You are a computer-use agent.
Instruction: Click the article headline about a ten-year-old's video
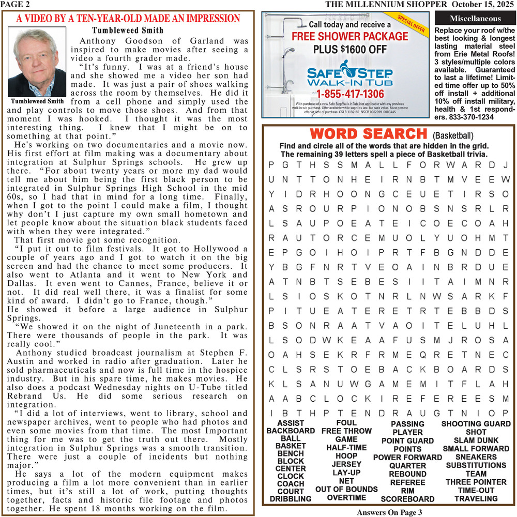click(128, 19)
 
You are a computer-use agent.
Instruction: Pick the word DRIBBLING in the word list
click(291, 498)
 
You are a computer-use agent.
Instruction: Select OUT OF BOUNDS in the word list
click(346, 489)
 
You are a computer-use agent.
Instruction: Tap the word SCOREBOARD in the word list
click(407, 499)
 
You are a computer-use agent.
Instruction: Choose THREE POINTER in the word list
click(476, 482)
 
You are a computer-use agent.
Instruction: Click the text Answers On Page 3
click(390, 512)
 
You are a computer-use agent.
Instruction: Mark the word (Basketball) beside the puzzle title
click(452, 136)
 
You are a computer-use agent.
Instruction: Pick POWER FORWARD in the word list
click(407, 457)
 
